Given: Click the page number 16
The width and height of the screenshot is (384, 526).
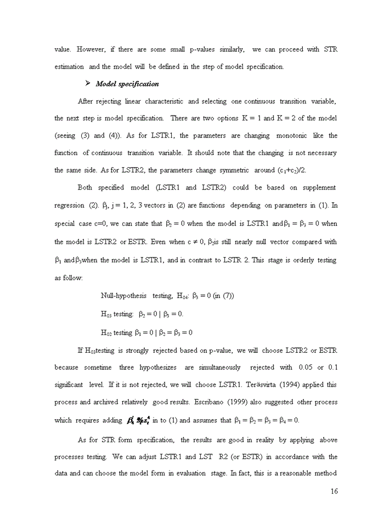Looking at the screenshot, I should click(334, 491).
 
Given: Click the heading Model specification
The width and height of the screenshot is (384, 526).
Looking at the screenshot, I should click(127, 84).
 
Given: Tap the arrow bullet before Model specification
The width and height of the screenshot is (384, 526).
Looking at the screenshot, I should click(88, 83).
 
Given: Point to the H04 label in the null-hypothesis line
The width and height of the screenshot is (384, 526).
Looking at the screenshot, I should click(183, 296).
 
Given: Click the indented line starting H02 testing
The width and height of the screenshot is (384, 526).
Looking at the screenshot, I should click(146, 332).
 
